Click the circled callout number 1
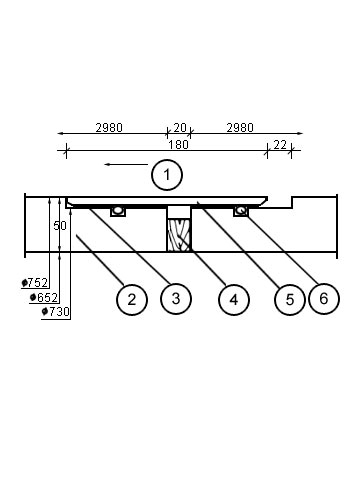tap(167, 175)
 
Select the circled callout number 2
tap(132, 299)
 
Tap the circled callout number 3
tap(176, 299)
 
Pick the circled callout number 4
tap(234, 299)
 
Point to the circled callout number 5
tap(289, 299)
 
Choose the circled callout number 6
tap(324, 299)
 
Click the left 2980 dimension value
tap(109, 128)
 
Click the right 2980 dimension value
tap(240, 128)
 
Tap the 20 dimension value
tap(180, 128)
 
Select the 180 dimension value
tap(178, 145)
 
